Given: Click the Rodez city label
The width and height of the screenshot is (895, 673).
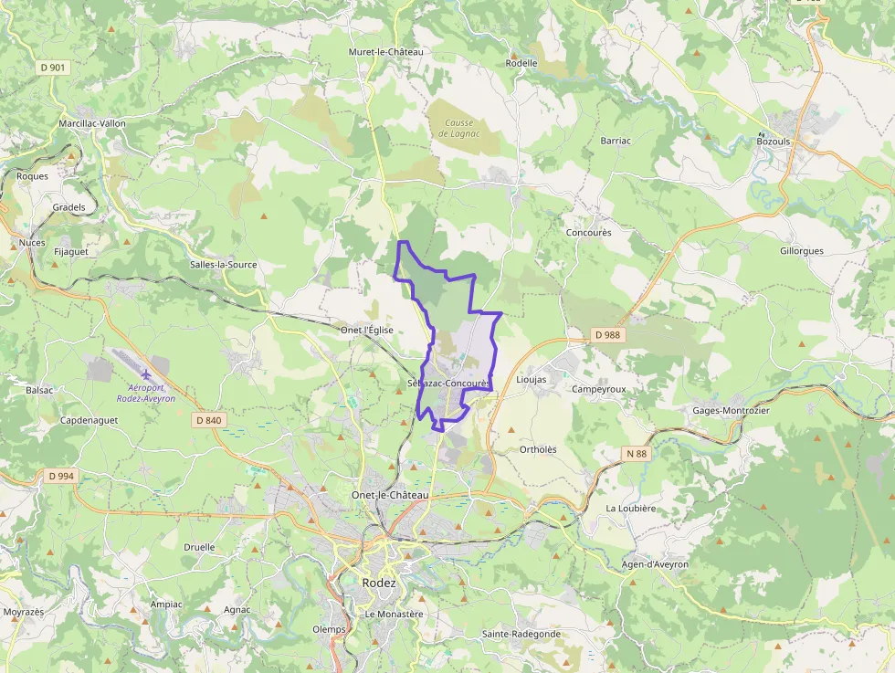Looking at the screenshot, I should (379, 583).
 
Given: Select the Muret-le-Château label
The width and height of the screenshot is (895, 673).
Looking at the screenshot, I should (386, 52).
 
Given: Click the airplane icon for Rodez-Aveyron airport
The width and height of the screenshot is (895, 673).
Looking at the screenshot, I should (146, 374).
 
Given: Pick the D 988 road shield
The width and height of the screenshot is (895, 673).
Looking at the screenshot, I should (607, 335).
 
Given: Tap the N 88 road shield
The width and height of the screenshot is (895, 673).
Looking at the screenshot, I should (637, 453).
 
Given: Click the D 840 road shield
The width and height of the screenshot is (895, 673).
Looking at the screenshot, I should (208, 420).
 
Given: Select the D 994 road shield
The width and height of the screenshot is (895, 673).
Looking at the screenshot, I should (61, 476).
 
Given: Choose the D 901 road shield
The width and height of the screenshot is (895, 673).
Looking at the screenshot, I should (54, 68).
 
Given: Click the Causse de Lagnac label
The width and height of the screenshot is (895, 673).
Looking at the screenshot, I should (458, 128).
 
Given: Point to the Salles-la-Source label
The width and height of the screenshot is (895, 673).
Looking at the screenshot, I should (223, 265).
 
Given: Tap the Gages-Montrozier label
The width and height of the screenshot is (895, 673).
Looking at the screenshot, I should (732, 411).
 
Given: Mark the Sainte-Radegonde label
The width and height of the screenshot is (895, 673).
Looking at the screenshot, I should (521, 634).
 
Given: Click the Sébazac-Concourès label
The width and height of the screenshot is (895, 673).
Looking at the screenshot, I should (449, 384).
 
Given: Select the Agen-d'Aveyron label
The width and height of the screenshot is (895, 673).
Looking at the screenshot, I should (654, 564).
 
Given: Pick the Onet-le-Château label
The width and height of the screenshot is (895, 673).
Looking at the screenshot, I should (390, 495).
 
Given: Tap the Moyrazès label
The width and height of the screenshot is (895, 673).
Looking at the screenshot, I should (25, 612).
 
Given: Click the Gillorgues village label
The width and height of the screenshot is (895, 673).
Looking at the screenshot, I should (802, 251).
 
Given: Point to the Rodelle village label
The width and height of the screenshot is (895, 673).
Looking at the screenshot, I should (521, 63).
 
